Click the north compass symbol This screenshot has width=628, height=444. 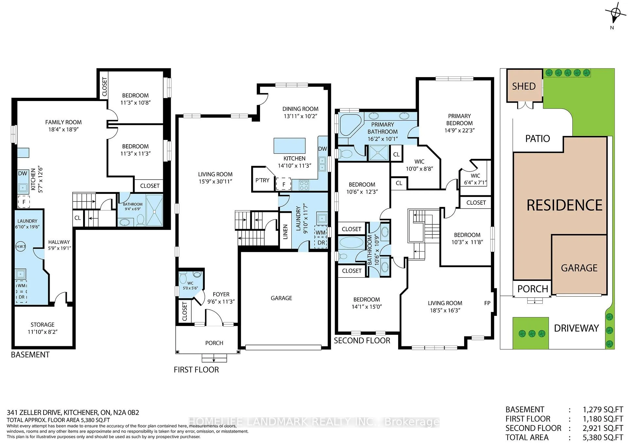pyautogui.click(x=616, y=14)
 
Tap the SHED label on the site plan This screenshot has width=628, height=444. pyautogui.click(x=524, y=86)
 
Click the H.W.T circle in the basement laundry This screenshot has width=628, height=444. pyautogui.click(x=21, y=247)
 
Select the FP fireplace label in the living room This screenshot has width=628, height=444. pyautogui.click(x=487, y=303)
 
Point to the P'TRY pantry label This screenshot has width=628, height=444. pyautogui.click(x=262, y=180)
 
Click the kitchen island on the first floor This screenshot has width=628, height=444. pyautogui.click(x=289, y=146)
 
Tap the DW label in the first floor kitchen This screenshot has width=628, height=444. pyautogui.click(x=323, y=149)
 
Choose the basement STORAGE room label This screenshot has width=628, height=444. pyautogui.click(x=43, y=325)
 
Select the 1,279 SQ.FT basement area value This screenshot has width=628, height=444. pyautogui.click(x=603, y=410)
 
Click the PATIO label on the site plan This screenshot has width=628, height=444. pyautogui.click(x=537, y=139)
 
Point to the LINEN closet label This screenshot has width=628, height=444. pyautogui.click(x=286, y=232)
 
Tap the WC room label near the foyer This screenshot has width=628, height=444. pyautogui.click(x=190, y=283)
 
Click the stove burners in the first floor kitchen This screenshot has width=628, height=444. pyautogui.click(x=304, y=185)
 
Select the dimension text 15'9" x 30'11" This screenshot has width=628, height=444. pyautogui.click(x=215, y=181)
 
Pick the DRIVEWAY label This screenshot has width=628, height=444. pyautogui.click(x=576, y=328)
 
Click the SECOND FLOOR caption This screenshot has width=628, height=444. pyautogui.click(x=362, y=341)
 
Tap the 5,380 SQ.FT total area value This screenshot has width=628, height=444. pyautogui.click(x=603, y=437)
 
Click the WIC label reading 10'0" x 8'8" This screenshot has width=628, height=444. pyautogui.click(x=419, y=165)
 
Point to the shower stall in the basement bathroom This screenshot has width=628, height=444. pyautogui.click(x=154, y=210)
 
